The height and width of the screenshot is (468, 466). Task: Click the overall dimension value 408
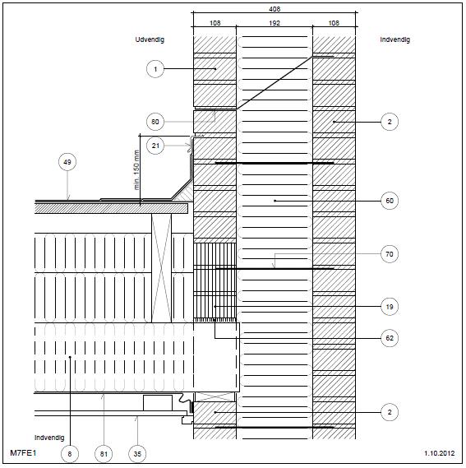click(275, 9)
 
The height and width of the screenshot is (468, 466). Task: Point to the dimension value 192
click(275, 23)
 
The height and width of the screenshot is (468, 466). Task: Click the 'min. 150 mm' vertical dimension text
click(136, 169)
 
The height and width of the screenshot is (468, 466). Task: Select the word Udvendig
click(150, 39)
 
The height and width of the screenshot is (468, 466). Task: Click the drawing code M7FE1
click(23, 452)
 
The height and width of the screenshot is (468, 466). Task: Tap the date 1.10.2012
click(440, 453)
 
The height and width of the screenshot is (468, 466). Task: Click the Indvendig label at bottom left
click(49, 438)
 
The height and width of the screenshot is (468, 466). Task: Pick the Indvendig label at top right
click(395, 39)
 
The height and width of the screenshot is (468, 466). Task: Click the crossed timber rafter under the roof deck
click(161, 268)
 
